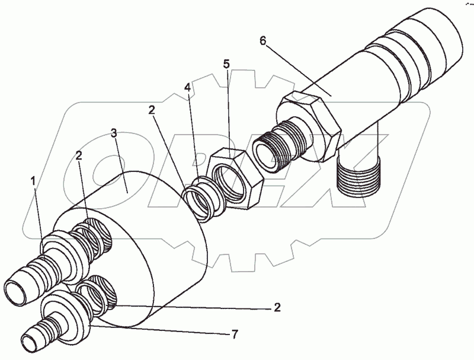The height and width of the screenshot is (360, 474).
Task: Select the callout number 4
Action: tap(187, 88)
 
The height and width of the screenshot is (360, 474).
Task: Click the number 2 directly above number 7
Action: tap(277, 308)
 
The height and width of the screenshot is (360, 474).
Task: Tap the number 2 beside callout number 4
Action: tap(152, 110)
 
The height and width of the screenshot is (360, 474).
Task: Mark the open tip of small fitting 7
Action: tap(30, 343)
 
